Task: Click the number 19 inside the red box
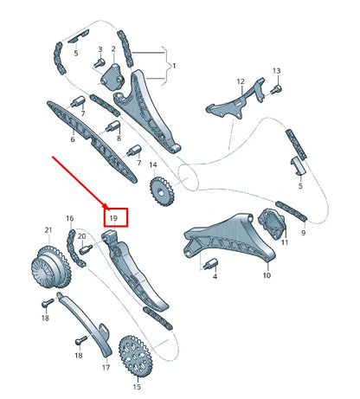(x=113, y=216)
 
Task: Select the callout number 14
(x=152, y=165)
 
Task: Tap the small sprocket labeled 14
(x=159, y=191)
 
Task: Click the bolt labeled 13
(x=276, y=87)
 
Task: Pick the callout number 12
(x=241, y=81)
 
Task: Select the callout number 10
(x=267, y=276)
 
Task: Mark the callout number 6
(x=73, y=138)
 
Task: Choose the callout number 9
(x=304, y=233)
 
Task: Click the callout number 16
(x=69, y=218)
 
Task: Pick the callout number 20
(x=81, y=235)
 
